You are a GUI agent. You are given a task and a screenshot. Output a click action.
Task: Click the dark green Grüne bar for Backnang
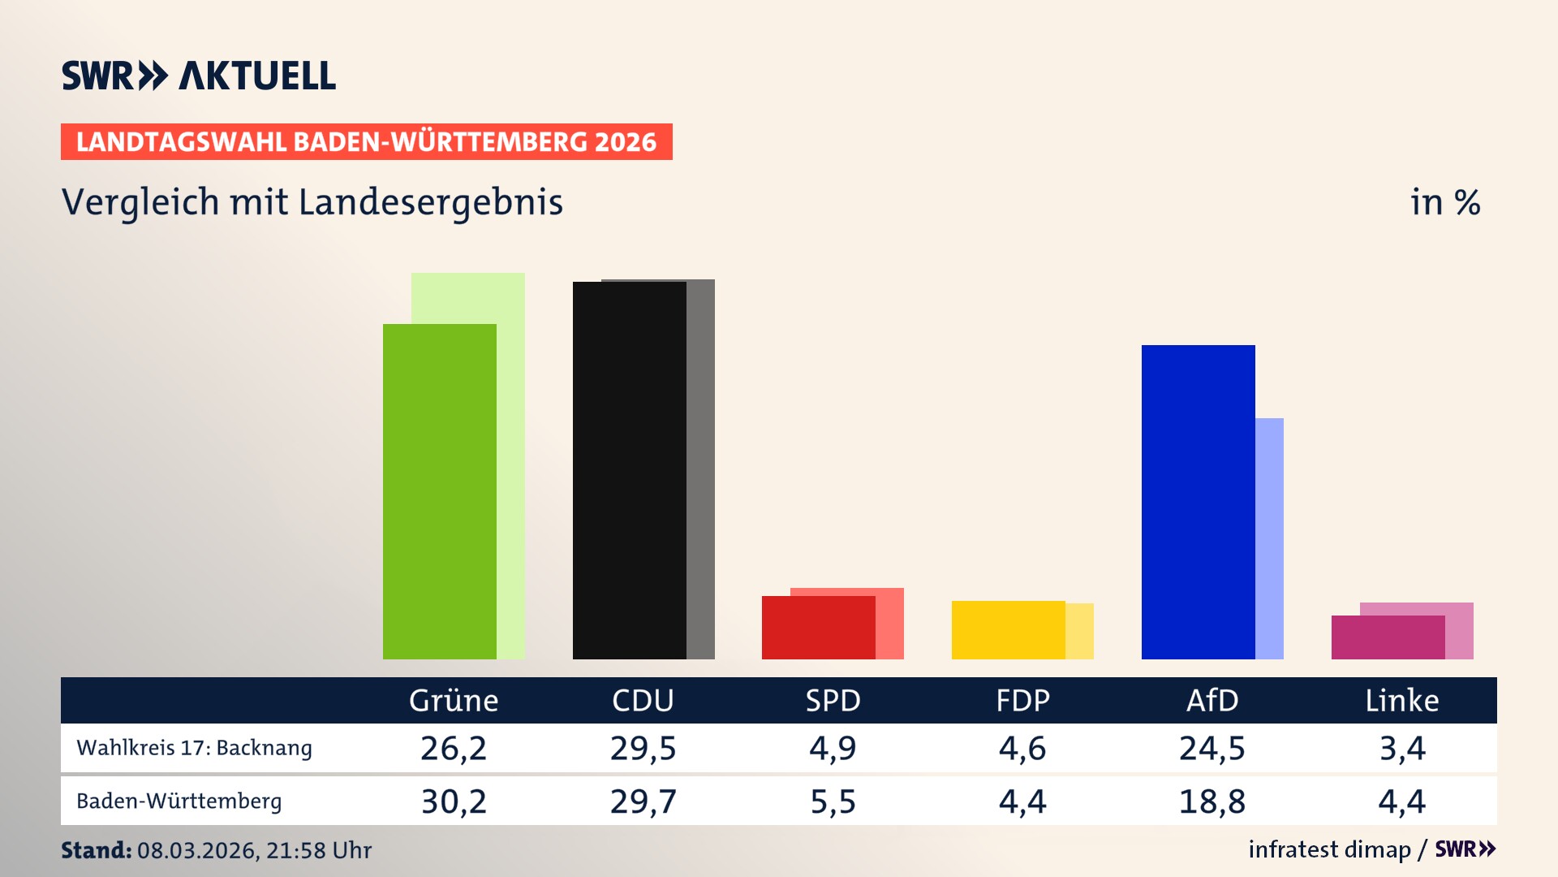439,491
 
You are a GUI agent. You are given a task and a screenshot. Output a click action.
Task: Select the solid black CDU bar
629,471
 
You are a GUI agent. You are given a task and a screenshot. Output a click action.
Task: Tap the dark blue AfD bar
1198,502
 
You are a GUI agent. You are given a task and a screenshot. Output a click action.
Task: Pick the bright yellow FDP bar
1008,630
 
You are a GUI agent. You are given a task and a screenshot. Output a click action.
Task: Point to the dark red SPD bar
818,628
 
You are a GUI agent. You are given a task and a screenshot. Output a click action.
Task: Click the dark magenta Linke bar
1388,637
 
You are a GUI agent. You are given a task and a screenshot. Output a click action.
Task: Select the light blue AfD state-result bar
1270,538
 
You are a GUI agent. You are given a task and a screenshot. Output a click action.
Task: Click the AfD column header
1212,701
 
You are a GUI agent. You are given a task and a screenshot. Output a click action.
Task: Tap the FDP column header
1022,701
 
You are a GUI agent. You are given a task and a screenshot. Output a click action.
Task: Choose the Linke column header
1401,701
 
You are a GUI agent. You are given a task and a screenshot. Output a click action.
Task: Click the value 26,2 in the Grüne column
454,748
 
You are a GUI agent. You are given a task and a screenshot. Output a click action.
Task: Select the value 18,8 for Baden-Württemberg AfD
1212,801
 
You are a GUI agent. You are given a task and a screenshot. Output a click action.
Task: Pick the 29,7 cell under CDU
643,801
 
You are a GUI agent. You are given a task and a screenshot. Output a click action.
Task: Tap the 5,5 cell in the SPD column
833,801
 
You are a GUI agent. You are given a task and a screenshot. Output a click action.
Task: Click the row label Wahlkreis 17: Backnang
194,748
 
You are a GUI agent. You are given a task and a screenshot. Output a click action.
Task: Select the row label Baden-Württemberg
179,801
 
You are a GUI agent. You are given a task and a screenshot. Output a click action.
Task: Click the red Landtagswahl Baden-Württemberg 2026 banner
366,142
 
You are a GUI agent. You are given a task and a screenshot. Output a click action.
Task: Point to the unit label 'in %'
1444,202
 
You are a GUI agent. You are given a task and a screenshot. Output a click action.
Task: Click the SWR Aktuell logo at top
199,76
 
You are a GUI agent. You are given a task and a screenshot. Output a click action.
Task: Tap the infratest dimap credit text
1329,849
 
